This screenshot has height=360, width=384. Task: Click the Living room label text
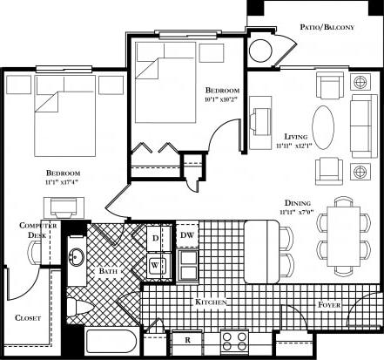pyautogui.click(x=298, y=137)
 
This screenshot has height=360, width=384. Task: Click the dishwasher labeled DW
pyautogui.click(x=186, y=236)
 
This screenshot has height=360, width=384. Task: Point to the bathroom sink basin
pyautogui.click(x=76, y=260)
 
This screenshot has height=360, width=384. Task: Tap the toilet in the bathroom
pyautogui.click(x=77, y=307)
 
